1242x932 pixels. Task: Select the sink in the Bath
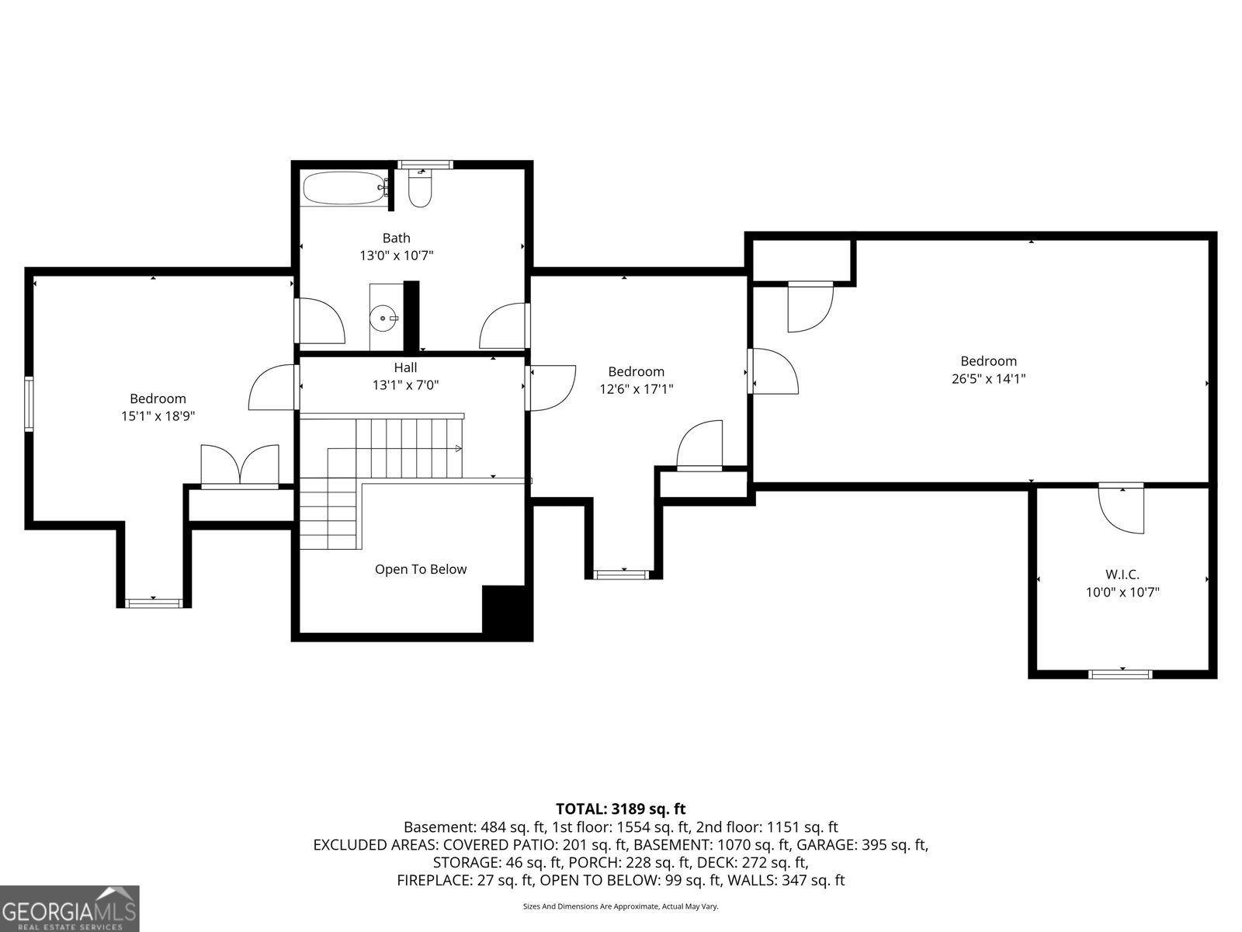coord(385,317)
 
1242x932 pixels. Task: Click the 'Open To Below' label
coord(421,569)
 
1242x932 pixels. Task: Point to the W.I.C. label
coord(1122,575)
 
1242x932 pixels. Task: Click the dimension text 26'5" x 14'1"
coord(988,379)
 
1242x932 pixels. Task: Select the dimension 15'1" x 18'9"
coord(158,416)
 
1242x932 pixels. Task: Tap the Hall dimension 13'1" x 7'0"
coord(405,384)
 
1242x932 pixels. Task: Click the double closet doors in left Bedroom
coord(240,465)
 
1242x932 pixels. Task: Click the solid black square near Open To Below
coord(505,610)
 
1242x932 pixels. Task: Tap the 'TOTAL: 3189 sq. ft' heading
coord(620,809)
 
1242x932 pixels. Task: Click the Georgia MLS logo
coord(69,908)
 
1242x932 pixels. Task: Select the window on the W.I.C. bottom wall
coord(1121,673)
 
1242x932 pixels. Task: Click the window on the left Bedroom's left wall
coord(29,404)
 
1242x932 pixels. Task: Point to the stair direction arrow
coord(458,448)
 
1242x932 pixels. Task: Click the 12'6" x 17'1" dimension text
coord(636,389)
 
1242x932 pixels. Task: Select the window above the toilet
coord(425,164)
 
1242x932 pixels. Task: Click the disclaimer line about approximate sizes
coord(620,906)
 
